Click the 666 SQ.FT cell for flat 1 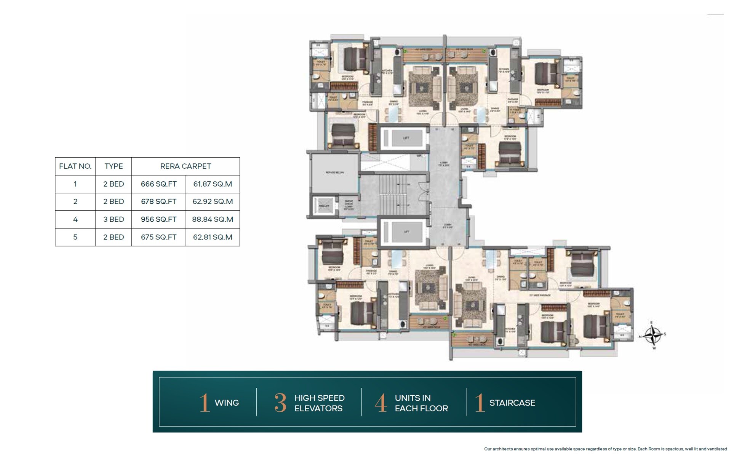[158, 184]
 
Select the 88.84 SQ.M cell [213, 219]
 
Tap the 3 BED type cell [114, 219]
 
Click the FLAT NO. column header [75, 166]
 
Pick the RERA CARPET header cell [185, 166]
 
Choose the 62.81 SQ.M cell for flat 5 [213, 237]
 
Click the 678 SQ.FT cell [158, 201]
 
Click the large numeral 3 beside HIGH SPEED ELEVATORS [280, 403]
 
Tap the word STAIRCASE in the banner [512, 403]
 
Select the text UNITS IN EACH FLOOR [421, 403]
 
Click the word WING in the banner [227, 403]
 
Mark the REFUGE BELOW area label [334, 173]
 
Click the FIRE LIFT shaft [324, 206]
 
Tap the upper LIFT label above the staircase [406, 138]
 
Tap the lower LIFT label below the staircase [406, 232]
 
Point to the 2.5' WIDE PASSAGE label [540, 295]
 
